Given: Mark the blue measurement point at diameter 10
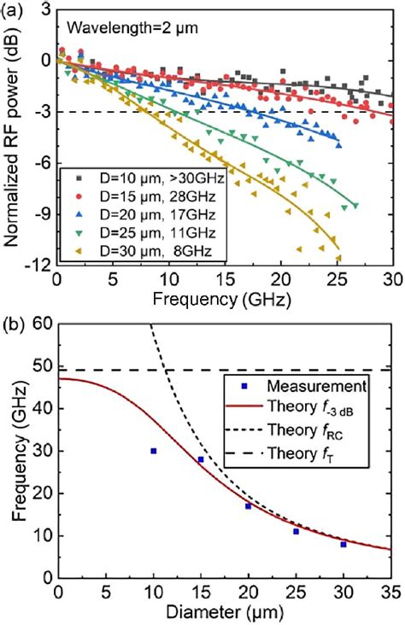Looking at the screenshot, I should [x=153, y=451].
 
